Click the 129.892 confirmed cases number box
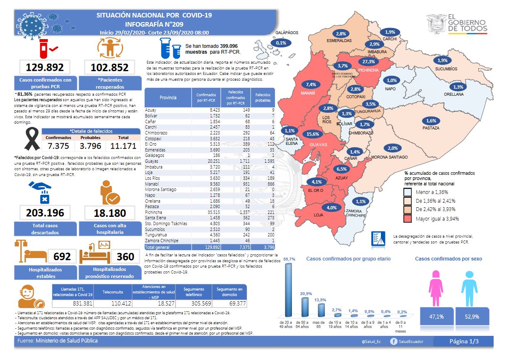(45, 67)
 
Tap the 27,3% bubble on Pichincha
(368, 62)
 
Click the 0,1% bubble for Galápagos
(281, 43)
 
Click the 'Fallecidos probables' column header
(263, 97)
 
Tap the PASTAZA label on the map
(430, 128)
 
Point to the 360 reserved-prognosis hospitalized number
(125, 257)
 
